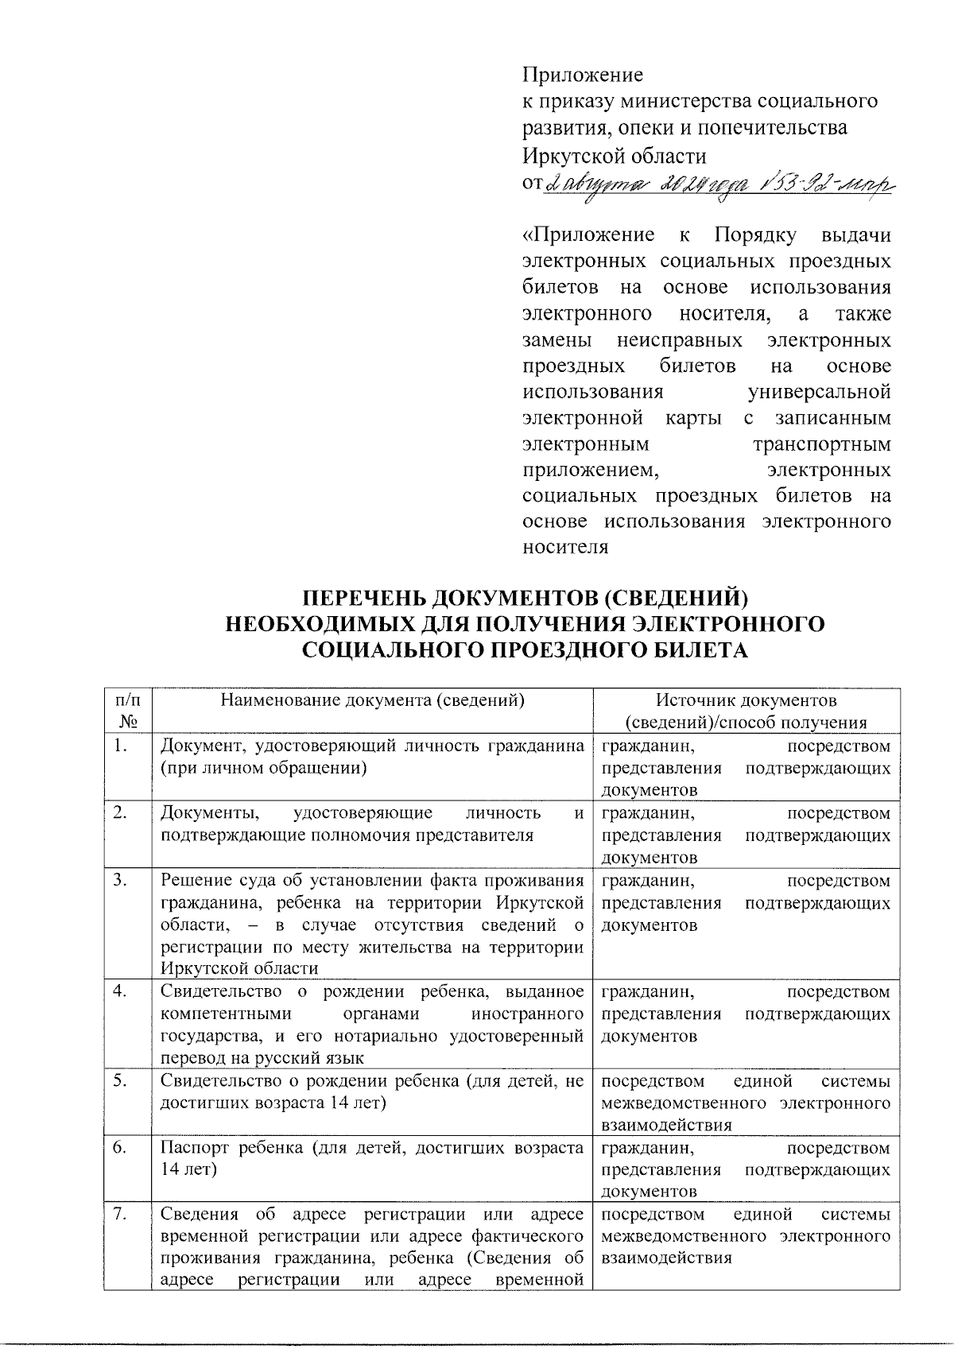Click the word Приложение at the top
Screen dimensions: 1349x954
582,76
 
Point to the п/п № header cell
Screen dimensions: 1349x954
127,711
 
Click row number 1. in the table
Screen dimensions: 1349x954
121,746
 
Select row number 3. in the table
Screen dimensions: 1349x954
121,880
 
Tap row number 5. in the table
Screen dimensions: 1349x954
121,1081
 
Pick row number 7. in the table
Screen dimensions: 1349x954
121,1215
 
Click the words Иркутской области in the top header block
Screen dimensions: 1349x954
614,154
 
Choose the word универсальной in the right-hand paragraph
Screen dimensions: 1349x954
820,392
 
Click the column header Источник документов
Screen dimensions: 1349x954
746,700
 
